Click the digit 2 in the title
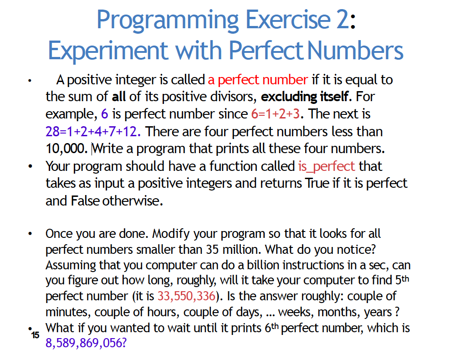342,21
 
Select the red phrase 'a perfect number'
258,80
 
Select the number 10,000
66,149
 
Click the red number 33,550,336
186,296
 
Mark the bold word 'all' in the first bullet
119,97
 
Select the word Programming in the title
168,21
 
